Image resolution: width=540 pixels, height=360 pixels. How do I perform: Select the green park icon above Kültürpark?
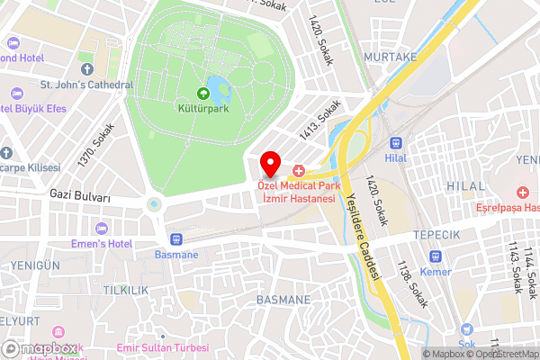tap(202, 93)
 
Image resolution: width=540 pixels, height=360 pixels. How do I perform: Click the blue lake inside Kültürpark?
tap(217, 88)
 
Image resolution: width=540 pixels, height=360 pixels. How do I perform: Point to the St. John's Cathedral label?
tap(86, 85)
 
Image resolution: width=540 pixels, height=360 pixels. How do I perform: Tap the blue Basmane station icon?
tap(175, 239)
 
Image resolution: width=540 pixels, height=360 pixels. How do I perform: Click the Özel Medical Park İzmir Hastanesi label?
tap(296, 191)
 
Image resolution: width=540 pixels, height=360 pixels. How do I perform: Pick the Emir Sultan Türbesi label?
tap(165, 346)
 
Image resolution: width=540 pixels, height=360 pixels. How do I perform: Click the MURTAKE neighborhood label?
tap(390, 56)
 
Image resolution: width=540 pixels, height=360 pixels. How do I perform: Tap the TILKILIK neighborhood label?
tap(125, 290)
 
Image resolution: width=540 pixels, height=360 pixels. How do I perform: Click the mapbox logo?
tap(40, 348)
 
